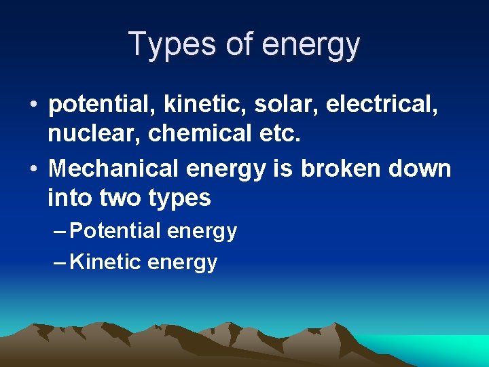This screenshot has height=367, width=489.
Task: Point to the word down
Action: click(x=420, y=168)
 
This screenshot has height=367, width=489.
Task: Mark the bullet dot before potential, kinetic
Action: click(x=33, y=106)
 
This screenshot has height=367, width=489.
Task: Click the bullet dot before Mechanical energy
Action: click(x=33, y=169)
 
